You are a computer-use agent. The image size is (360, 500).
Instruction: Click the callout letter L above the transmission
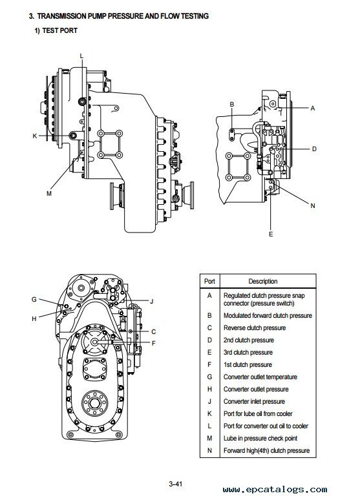81,56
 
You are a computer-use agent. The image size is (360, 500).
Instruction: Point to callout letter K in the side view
35,136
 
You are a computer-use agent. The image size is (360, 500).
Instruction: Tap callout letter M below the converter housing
49,193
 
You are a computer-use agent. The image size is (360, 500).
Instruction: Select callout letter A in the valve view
312,108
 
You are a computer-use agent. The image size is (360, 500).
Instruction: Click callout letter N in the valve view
312,205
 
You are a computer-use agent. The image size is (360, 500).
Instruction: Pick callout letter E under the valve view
271,234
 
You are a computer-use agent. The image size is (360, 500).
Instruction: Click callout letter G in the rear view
34,299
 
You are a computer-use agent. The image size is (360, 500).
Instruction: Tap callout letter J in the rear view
152,301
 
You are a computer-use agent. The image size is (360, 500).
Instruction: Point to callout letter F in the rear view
154,344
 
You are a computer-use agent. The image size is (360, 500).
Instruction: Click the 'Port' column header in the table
209,281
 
